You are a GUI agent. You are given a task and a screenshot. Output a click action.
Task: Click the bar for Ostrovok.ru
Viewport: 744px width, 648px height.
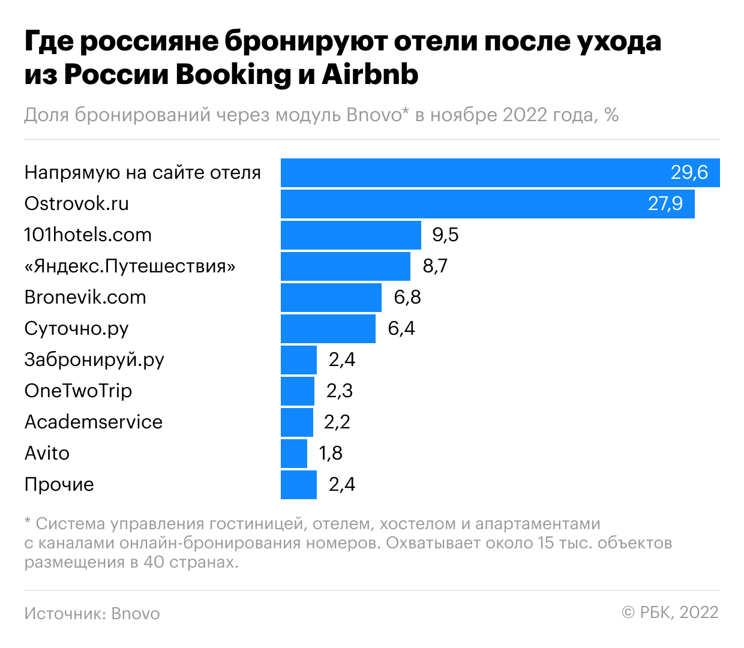pyautogui.click(x=487, y=204)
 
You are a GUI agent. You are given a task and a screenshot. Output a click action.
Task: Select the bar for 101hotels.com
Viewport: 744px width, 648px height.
pyautogui.click(x=350, y=235)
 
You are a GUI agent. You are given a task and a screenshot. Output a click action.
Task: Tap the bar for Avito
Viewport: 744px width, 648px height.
pyautogui.click(x=293, y=454)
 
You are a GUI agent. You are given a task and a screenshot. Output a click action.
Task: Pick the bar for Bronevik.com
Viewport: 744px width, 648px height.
pyautogui.click(x=331, y=298)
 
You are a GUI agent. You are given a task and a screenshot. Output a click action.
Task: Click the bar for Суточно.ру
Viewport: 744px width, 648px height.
pyautogui.click(x=328, y=329)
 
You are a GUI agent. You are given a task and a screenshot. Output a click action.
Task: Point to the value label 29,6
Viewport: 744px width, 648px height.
pyautogui.click(x=689, y=173)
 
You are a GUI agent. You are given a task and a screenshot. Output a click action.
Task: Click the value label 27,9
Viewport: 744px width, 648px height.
pyautogui.click(x=665, y=204)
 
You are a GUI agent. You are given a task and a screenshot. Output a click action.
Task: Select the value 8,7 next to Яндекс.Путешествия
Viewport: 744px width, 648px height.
pyautogui.click(x=435, y=266)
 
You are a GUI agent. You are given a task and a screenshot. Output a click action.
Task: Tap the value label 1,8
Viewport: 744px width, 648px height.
pyautogui.click(x=331, y=454)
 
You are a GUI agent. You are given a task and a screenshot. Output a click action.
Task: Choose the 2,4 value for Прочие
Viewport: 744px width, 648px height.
pyautogui.click(x=341, y=485)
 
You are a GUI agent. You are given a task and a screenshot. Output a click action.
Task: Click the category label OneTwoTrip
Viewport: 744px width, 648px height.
pyautogui.click(x=78, y=391)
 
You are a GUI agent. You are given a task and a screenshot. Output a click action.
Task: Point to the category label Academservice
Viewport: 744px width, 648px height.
pyautogui.click(x=93, y=422)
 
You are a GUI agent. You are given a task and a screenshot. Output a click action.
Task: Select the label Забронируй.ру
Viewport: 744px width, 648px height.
pyautogui.click(x=94, y=360)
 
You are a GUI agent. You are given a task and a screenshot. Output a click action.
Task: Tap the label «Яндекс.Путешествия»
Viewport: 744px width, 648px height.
pyautogui.click(x=130, y=266)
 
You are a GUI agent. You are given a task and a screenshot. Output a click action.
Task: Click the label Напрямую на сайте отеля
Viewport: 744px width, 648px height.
pyautogui.click(x=142, y=173)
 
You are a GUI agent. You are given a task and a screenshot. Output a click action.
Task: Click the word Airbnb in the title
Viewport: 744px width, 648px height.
pyautogui.click(x=370, y=75)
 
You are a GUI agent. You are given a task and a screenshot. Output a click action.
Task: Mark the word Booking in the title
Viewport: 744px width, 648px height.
pyautogui.click(x=233, y=75)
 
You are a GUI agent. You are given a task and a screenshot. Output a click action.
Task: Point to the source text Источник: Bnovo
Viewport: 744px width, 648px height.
pyautogui.click(x=92, y=614)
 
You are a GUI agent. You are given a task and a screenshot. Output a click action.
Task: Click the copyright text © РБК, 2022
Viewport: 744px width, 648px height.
pyautogui.click(x=670, y=613)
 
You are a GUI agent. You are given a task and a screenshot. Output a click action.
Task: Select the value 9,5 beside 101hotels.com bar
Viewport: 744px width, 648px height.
pyautogui.click(x=445, y=235)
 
